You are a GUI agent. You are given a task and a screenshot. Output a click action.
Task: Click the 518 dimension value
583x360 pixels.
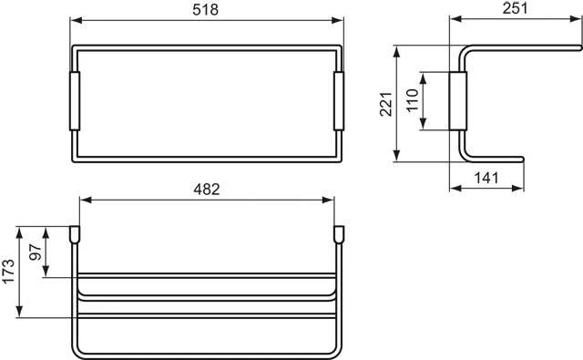click(x=208, y=10)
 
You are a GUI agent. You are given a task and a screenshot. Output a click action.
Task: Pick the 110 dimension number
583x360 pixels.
click(x=411, y=98)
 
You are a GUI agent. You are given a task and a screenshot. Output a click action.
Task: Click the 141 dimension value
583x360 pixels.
click(x=490, y=180)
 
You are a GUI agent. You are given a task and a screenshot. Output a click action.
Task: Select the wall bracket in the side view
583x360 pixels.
click(x=459, y=102)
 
